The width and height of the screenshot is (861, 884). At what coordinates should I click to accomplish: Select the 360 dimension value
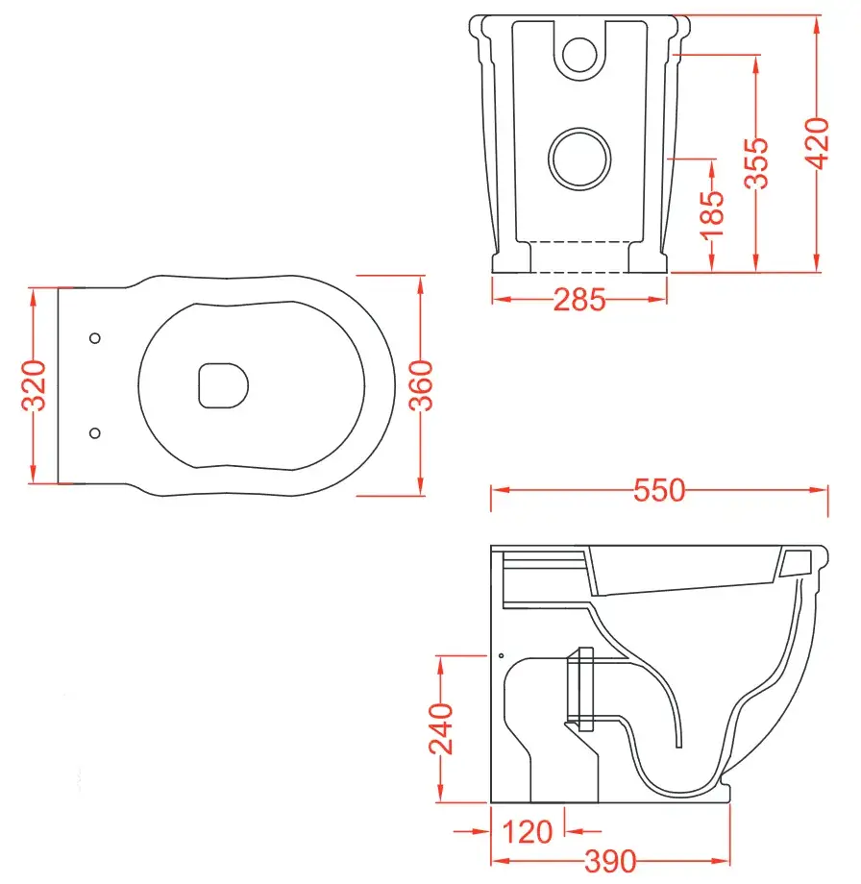pos(422,385)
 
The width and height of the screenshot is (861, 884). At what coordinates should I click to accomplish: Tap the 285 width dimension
pos(579,300)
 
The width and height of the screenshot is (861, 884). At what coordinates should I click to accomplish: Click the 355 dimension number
pos(757,163)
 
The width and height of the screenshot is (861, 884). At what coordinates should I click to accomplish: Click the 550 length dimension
pos(659,491)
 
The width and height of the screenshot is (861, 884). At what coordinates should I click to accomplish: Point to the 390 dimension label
pos(606,862)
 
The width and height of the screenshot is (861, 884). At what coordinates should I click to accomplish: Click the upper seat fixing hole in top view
pos(94,338)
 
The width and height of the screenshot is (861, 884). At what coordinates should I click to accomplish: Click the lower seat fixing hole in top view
pos(94,433)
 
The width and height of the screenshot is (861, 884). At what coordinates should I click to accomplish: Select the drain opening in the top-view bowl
pos(223,385)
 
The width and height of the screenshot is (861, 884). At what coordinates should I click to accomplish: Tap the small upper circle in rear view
pos(579,54)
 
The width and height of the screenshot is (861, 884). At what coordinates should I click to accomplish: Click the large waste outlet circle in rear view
pos(579,157)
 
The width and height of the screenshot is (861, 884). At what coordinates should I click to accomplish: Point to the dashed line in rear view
pos(579,240)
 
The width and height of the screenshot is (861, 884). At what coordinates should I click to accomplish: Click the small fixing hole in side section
pos(501,655)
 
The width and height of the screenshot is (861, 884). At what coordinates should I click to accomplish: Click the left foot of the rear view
pos(511,257)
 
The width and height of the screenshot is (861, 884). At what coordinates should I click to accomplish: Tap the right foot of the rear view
pos(648,257)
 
